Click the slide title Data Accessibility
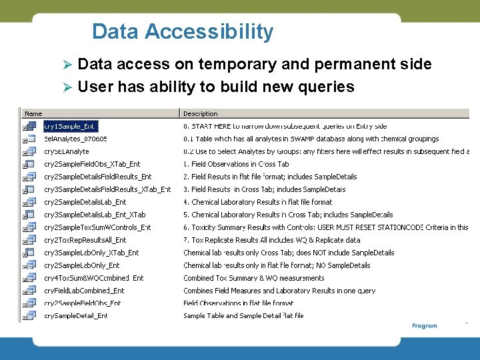182,31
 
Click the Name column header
33,114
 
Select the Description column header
200,114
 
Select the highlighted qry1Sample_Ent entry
70,126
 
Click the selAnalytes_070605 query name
75,139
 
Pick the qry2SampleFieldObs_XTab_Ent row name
92,164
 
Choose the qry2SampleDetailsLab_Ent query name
85,202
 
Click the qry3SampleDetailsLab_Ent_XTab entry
95,215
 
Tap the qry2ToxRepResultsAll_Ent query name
85,240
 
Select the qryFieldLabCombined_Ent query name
84,291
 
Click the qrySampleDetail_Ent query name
75,316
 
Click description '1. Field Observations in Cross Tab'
236,164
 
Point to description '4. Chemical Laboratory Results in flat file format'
257,202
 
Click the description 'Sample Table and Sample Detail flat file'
243,316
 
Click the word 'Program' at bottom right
425,326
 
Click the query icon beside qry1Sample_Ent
29,126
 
